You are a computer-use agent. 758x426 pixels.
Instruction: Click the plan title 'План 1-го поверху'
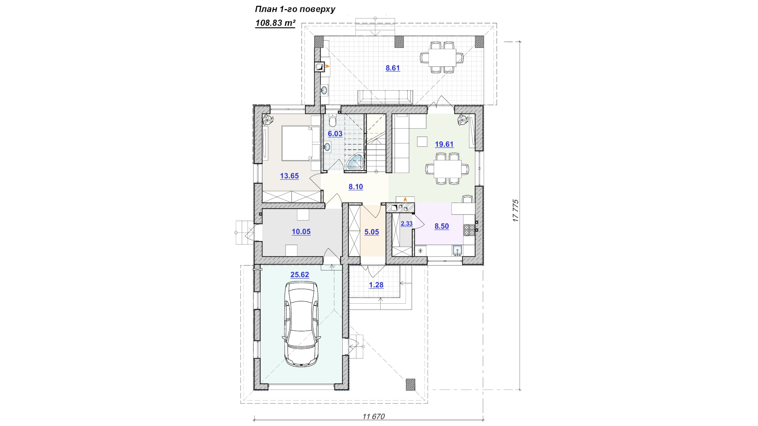pos(295,9)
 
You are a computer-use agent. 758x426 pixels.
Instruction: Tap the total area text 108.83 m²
pos(275,23)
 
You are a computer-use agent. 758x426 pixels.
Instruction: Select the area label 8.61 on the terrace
pos(393,68)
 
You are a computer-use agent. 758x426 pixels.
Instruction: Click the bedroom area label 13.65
pos(289,176)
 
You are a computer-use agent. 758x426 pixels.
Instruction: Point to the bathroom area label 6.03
pos(335,134)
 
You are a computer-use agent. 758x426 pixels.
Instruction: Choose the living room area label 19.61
pos(444,144)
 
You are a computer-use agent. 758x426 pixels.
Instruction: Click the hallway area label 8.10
pos(356,187)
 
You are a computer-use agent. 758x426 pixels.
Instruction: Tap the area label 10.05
pos(301,232)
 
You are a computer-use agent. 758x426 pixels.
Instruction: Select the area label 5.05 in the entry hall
pos(371,232)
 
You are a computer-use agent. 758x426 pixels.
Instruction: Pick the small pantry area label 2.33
pos(407,224)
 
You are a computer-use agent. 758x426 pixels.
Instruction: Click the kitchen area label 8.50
pos(442,226)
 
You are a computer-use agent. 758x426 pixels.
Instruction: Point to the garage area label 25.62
pos(300,275)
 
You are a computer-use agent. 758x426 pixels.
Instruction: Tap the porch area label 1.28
pos(376,285)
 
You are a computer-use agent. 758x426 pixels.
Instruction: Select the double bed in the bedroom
pos(301,143)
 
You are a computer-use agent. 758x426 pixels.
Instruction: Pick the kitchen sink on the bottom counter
pos(457,250)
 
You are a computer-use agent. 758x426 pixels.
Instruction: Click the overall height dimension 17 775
pos(516,211)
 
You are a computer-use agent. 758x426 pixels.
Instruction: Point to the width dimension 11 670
pos(373,417)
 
